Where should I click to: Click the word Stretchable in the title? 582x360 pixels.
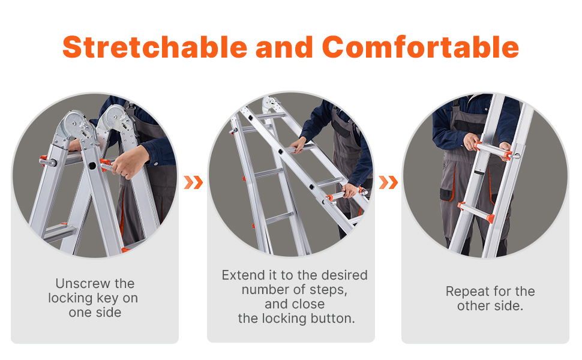pos(155,47)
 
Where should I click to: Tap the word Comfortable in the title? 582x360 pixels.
pos(420,47)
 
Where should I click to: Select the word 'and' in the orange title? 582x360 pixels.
pos(284,47)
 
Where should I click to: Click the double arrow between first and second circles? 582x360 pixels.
pos(193,182)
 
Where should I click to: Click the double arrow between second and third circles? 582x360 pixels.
pos(388,182)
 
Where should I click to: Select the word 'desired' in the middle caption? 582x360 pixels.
pos(344,275)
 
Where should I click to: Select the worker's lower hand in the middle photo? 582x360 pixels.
pos(349,191)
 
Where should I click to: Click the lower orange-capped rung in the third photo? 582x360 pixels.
pos(476,212)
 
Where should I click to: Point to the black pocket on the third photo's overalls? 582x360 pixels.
pos(447,194)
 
